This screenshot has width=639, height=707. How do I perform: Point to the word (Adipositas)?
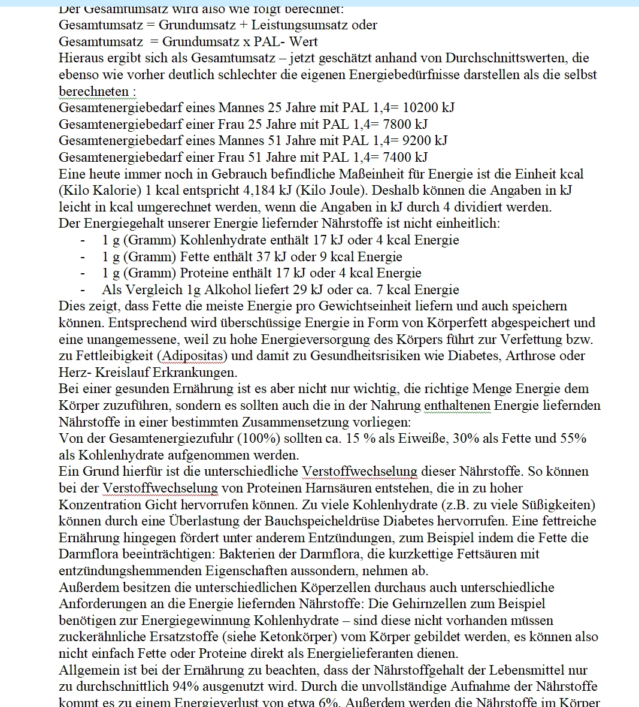pyautogui.click(x=192, y=356)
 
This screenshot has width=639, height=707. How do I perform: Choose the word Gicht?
pyautogui.click(x=161, y=504)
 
